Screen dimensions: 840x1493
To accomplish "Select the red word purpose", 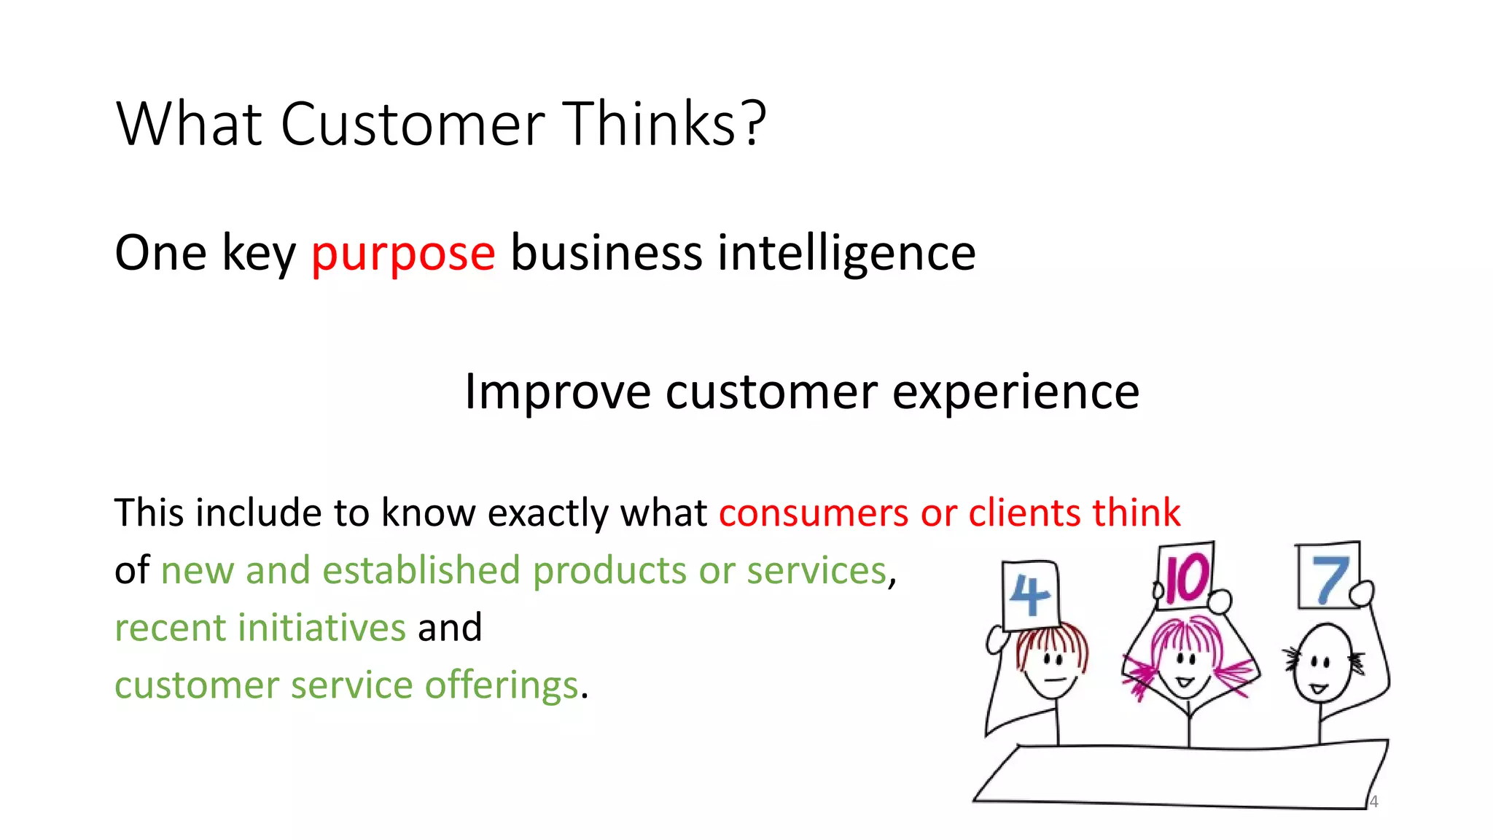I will click(403, 254).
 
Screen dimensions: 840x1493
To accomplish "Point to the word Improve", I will click(557, 392).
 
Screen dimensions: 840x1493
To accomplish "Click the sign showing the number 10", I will click(1185, 576).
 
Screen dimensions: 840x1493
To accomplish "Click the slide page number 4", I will click(1373, 802).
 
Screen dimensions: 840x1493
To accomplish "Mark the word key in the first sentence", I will click(259, 254).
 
